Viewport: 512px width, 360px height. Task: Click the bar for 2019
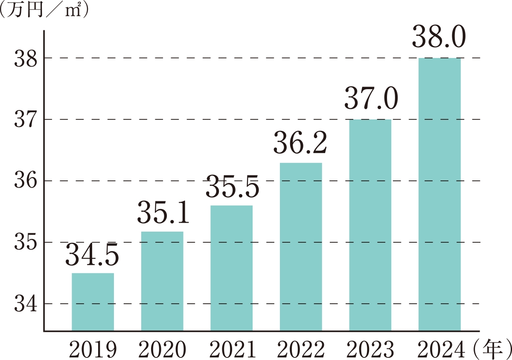point(93,302)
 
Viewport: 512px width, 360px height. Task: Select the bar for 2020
point(162,281)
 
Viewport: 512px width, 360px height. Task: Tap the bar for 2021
point(231,268)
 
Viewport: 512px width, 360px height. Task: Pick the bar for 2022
point(301,247)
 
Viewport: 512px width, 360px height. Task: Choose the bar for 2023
point(370,225)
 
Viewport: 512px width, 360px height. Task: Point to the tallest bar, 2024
point(439,195)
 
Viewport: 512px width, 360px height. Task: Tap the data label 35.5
point(232,188)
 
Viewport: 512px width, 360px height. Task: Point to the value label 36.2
point(300,144)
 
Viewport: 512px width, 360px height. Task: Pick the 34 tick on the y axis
point(26,304)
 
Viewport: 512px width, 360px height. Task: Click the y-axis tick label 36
point(26,181)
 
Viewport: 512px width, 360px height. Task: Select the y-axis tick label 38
point(26,58)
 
